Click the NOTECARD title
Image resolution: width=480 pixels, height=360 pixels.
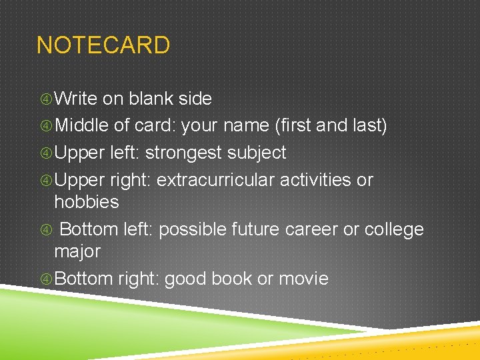(x=103, y=45)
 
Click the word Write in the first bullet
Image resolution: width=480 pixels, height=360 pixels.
(x=76, y=99)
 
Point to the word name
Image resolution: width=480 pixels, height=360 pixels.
(x=247, y=125)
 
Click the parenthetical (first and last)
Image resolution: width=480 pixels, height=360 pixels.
(x=332, y=125)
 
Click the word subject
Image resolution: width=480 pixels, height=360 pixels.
(x=257, y=153)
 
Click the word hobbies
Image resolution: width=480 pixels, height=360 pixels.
(x=86, y=202)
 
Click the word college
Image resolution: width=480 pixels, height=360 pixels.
(x=393, y=229)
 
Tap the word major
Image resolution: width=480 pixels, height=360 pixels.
(x=77, y=251)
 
